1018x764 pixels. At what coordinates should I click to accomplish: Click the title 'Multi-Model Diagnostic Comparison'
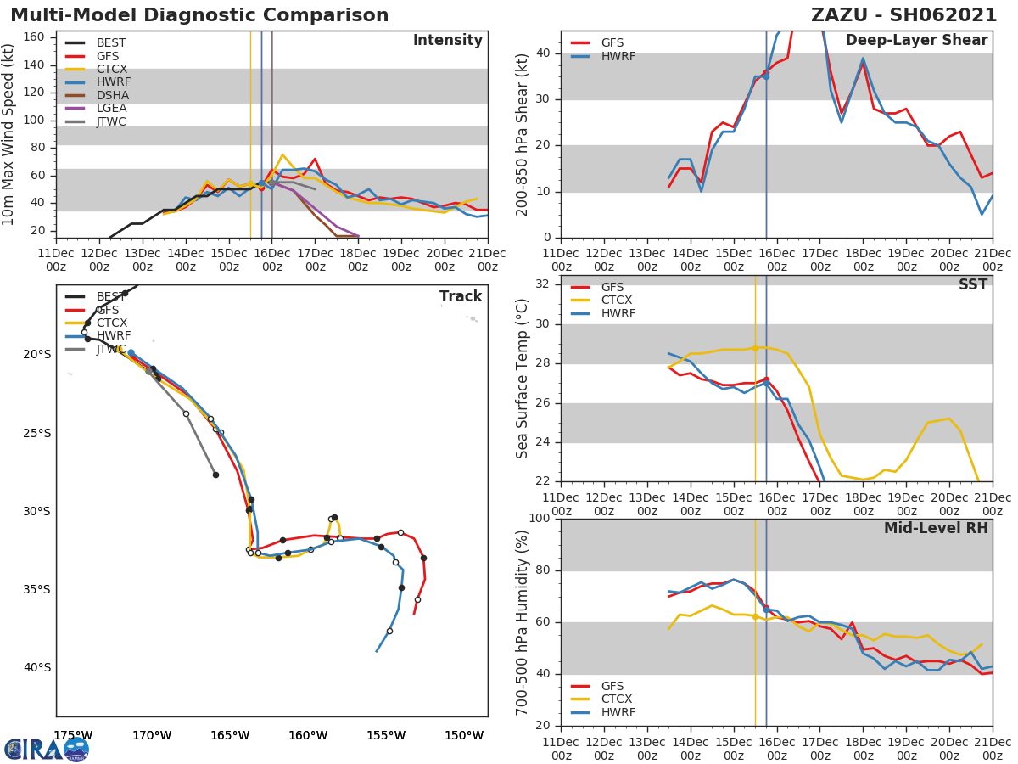tap(199, 15)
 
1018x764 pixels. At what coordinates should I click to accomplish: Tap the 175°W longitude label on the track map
tap(73, 735)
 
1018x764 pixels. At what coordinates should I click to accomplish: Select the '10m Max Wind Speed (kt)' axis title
tap(9, 135)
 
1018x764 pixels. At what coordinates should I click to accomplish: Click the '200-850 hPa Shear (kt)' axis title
tap(523, 134)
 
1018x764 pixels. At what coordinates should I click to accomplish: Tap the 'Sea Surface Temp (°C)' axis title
tap(523, 378)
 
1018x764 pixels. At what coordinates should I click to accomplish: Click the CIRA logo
tap(47, 749)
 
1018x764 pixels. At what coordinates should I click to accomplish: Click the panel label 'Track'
tap(461, 296)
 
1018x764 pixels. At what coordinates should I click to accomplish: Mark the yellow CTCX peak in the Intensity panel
tap(282, 154)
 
